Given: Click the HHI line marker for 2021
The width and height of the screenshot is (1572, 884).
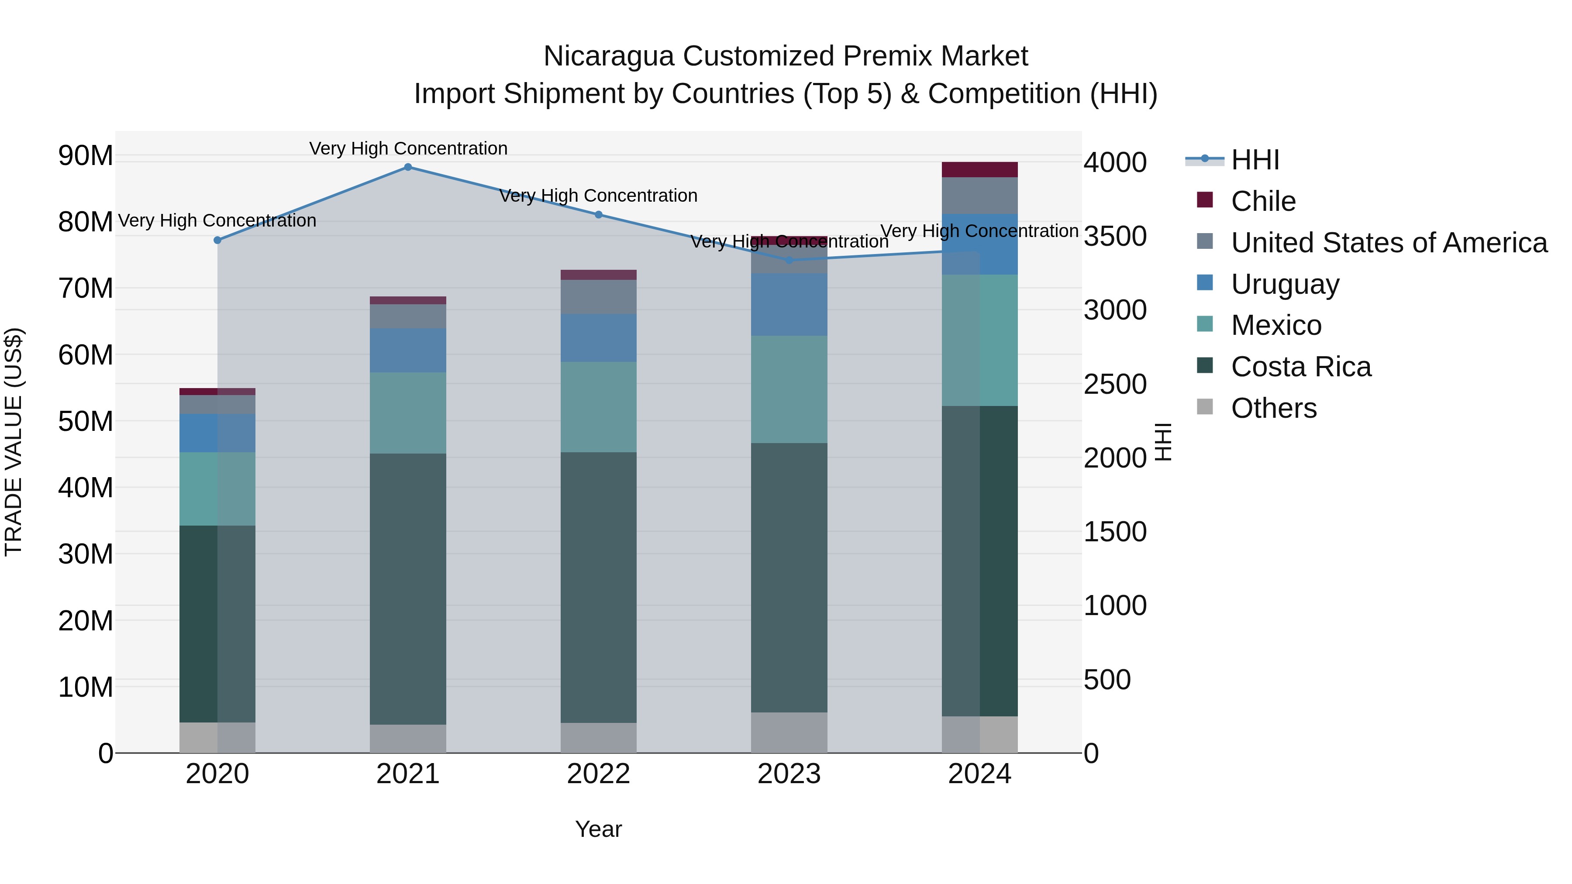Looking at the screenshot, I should coord(408,167).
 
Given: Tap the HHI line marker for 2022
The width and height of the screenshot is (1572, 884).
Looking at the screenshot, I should coord(598,215).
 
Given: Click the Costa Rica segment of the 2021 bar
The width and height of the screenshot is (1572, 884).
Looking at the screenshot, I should coord(408,589).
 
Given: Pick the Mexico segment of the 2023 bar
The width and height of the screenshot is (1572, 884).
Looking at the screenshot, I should coord(789,389).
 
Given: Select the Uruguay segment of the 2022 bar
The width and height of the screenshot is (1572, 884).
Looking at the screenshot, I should coord(598,338).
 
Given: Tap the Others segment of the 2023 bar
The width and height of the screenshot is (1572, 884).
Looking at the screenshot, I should coord(789,732).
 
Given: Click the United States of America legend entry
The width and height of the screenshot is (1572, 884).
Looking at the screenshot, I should coord(1388,243).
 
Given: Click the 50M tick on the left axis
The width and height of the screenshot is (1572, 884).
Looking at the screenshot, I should coord(86,421).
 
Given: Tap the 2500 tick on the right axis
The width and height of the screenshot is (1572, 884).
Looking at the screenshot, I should coord(1114,384).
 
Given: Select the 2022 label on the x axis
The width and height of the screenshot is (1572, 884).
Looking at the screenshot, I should coord(598,774).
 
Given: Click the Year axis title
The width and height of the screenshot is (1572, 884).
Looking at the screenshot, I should coord(598,829).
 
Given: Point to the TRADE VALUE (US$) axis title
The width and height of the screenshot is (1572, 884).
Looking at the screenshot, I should coord(14,442).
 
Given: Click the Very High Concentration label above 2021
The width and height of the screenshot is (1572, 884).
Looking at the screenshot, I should coord(408,148).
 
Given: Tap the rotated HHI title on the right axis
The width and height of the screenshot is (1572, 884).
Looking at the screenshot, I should coord(1163,442).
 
